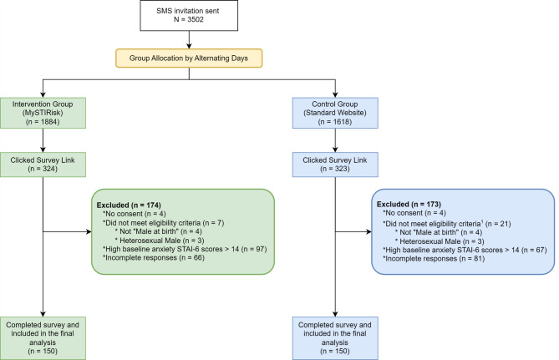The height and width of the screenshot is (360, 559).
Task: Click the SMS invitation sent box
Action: [x=189, y=15]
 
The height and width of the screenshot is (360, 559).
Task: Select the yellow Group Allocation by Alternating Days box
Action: [x=189, y=58]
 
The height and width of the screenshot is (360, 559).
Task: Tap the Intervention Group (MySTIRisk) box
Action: [x=43, y=113]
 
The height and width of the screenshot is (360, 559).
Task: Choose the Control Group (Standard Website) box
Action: [x=335, y=113]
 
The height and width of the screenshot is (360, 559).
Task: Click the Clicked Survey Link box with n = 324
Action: [x=43, y=165]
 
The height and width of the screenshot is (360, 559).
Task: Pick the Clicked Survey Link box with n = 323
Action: [x=335, y=165]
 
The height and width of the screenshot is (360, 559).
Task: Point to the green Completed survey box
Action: [x=43, y=338]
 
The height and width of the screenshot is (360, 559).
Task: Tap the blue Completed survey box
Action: [x=335, y=338]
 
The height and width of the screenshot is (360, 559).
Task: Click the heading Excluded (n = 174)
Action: [x=129, y=205]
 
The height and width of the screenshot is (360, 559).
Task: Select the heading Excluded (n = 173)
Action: [x=409, y=205]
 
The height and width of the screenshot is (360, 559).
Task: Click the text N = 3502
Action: [x=189, y=19]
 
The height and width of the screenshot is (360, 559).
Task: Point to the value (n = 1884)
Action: [x=43, y=122]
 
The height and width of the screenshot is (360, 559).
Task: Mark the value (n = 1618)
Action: [x=335, y=122]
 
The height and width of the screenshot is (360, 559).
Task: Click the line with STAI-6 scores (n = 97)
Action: [x=185, y=249]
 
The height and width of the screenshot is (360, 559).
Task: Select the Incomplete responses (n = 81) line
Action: [x=434, y=259]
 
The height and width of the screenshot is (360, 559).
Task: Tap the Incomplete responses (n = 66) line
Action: [x=154, y=258]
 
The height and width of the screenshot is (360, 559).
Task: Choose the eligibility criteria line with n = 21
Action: [x=447, y=224]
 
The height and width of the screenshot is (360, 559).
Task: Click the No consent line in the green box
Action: [x=135, y=214]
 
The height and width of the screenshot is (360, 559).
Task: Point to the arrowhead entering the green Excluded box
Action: [x=89, y=231]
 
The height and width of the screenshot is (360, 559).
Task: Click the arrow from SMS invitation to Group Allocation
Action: [x=189, y=39]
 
